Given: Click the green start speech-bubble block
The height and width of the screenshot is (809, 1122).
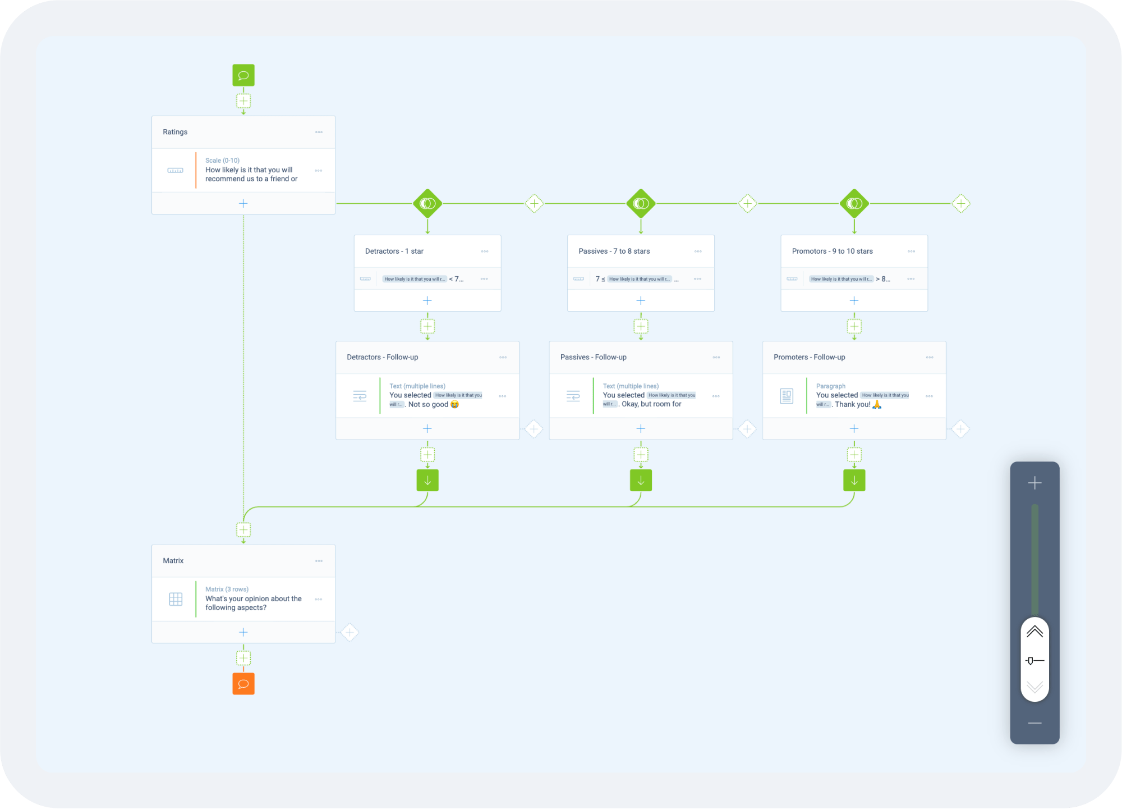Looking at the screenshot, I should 243,75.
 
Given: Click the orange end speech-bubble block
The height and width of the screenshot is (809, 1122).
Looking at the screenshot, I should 243,684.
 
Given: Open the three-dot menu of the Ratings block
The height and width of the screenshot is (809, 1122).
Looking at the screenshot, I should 319,132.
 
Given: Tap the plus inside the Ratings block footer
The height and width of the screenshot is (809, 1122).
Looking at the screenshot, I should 243,203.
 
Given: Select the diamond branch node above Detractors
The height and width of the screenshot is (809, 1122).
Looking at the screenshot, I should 427,203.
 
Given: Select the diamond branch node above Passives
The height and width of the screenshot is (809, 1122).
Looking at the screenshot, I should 641,203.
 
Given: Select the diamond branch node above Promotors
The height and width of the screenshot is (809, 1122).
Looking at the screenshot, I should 854,203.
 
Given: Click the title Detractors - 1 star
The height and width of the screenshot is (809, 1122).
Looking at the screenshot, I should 394,251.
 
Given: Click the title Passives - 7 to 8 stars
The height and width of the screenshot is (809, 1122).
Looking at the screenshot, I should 614,251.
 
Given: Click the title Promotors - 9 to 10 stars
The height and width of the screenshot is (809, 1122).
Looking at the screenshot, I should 832,251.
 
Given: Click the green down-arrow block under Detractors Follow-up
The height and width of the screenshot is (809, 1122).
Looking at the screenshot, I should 427,481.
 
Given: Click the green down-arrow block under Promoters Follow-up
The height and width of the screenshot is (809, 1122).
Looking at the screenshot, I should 854,481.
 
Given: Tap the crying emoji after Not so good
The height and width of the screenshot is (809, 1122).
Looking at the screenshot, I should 454,404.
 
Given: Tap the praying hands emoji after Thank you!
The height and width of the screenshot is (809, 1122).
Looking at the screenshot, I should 877,404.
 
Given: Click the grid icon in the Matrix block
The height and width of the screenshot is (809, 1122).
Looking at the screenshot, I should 176,599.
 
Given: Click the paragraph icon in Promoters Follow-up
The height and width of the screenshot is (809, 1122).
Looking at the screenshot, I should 787,396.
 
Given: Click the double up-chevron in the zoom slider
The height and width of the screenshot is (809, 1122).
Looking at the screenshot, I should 1034,632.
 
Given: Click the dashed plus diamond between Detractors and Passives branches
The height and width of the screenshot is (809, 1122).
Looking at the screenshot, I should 534,203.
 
